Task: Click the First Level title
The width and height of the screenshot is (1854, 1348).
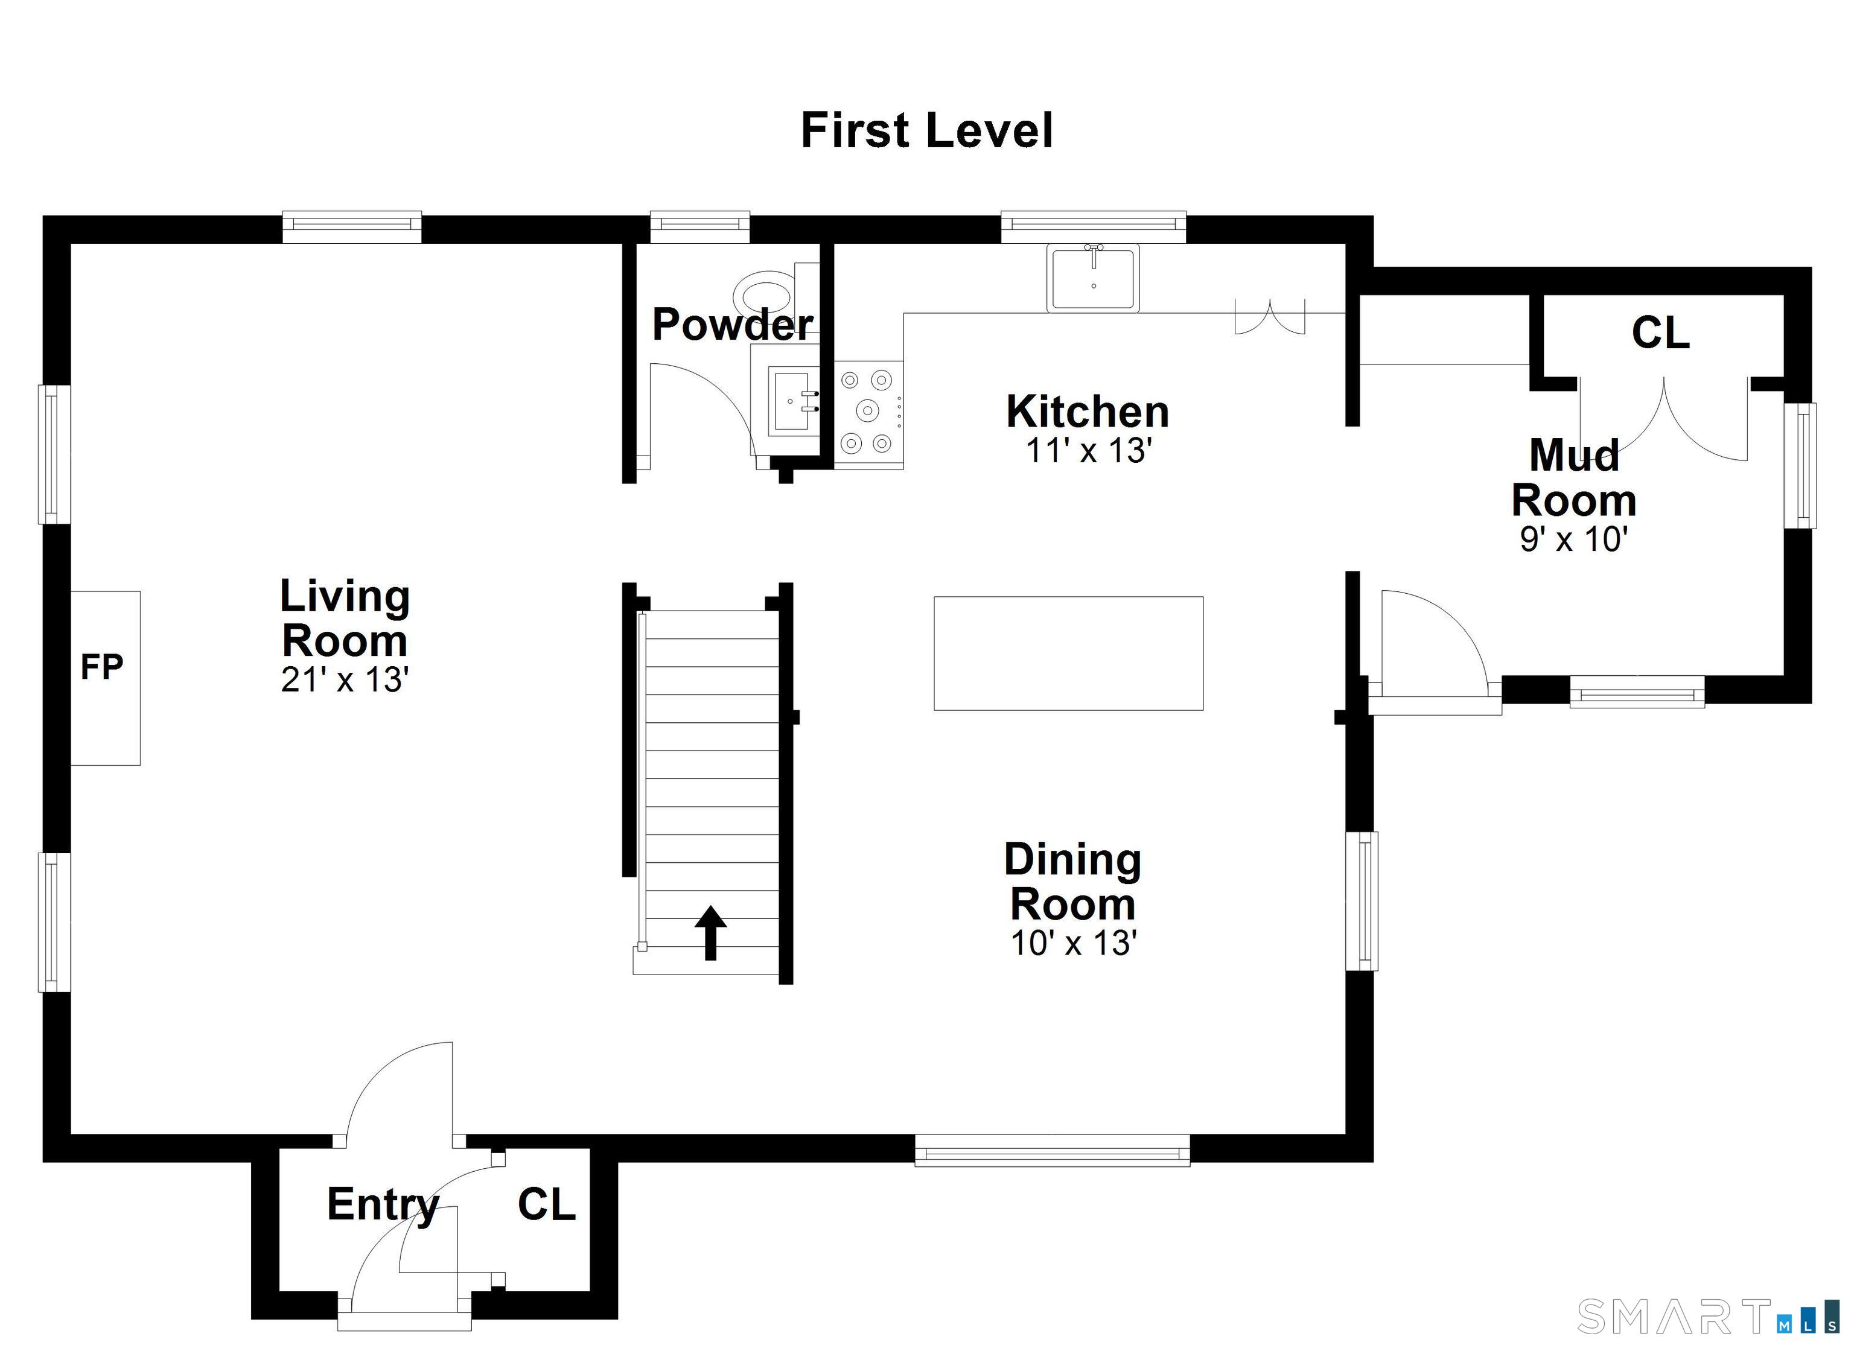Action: (x=926, y=131)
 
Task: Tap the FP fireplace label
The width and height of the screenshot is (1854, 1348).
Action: (x=101, y=668)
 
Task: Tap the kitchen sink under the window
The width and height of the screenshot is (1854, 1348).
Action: (x=1093, y=278)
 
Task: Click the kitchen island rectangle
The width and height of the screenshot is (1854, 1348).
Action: (x=1068, y=653)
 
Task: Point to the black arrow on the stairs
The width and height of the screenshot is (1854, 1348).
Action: (x=710, y=932)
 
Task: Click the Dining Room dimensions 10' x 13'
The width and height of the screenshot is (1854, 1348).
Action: (x=1073, y=943)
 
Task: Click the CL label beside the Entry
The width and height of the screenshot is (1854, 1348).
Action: (x=546, y=1205)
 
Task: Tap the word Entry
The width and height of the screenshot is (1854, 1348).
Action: (x=383, y=1205)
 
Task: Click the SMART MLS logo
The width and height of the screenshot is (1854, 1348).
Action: (x=1709, y=1315)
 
